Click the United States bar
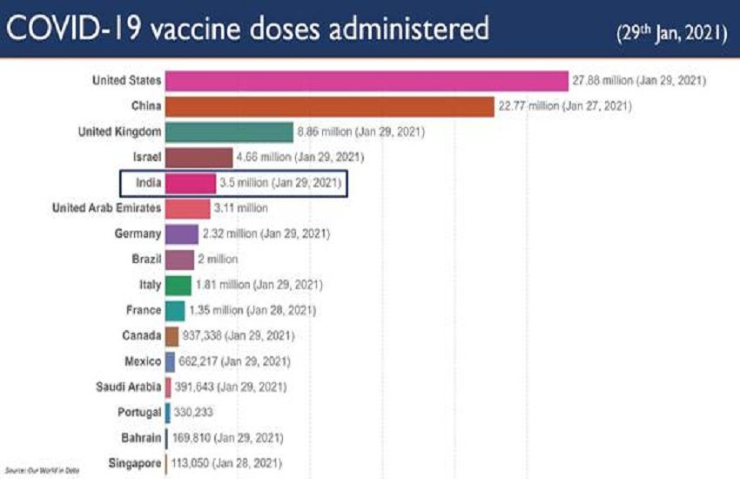point(366,81)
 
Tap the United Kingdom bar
point(228,132)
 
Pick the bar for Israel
point(198,158)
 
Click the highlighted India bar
point(190,183)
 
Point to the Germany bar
point(181,233)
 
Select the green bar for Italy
point(178,285)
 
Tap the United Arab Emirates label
point(106,208)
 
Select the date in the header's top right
point(669,31)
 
